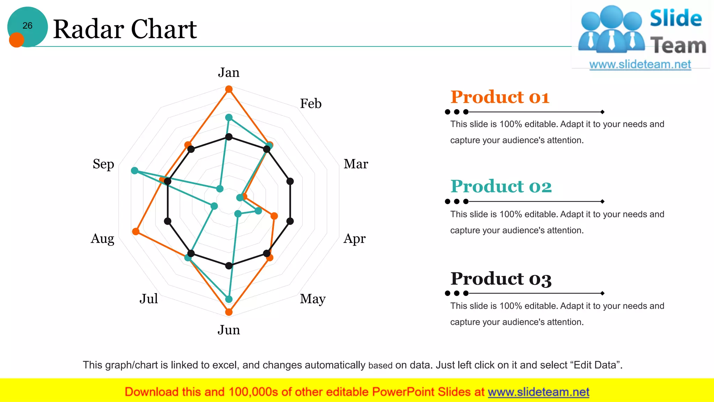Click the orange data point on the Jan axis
tap(229, 89)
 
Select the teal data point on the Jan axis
tap(229, 117)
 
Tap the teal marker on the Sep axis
tap(135, 171)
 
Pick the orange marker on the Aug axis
tap(136, 231)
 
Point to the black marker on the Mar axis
tap(290, 181)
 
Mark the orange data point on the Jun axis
tap(229, 312)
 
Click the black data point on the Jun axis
tap(229, 266)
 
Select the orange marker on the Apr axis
tap(274, 216)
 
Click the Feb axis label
tap(311, 104)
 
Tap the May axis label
tap(313, 299)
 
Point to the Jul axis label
tap(149, 299)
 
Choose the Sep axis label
tap(103, 164)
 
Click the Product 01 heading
tap(500, 97)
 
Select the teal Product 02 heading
tap(501, 186)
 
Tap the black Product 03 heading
tap(501, 279)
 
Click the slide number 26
tap(27, 25)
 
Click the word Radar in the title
tap(89, 29)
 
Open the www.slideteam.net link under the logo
tap(640, 65)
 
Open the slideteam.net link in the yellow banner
tap(538, 392)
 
